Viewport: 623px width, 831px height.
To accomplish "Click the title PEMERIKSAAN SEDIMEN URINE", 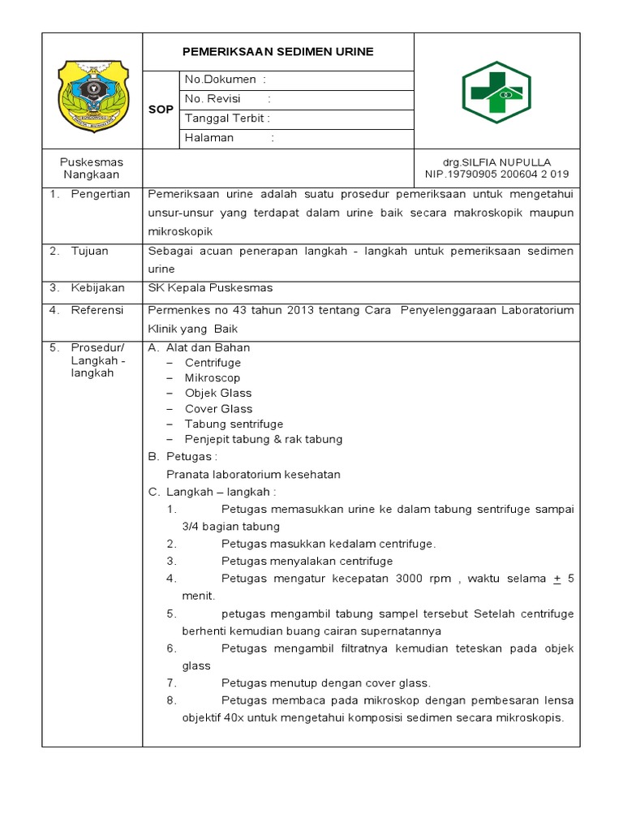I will (278, 51).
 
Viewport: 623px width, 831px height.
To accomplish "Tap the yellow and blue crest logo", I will (93, 95).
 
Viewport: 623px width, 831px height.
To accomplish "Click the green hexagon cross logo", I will (496, 92).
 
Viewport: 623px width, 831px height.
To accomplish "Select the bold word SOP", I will (161, 110).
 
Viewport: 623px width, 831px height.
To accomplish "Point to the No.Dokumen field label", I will (221, 79).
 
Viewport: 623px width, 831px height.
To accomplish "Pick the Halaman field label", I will (209, 137).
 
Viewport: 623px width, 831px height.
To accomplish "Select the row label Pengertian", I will (95, 194).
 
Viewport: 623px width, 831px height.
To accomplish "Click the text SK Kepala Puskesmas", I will (210, 287).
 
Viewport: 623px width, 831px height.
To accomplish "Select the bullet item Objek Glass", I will (218, 394).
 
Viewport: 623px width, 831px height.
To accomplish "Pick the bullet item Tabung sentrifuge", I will (234, 424).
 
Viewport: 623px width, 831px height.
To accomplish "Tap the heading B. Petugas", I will (183, 457).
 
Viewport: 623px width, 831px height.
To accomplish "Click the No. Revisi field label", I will (213, 98).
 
